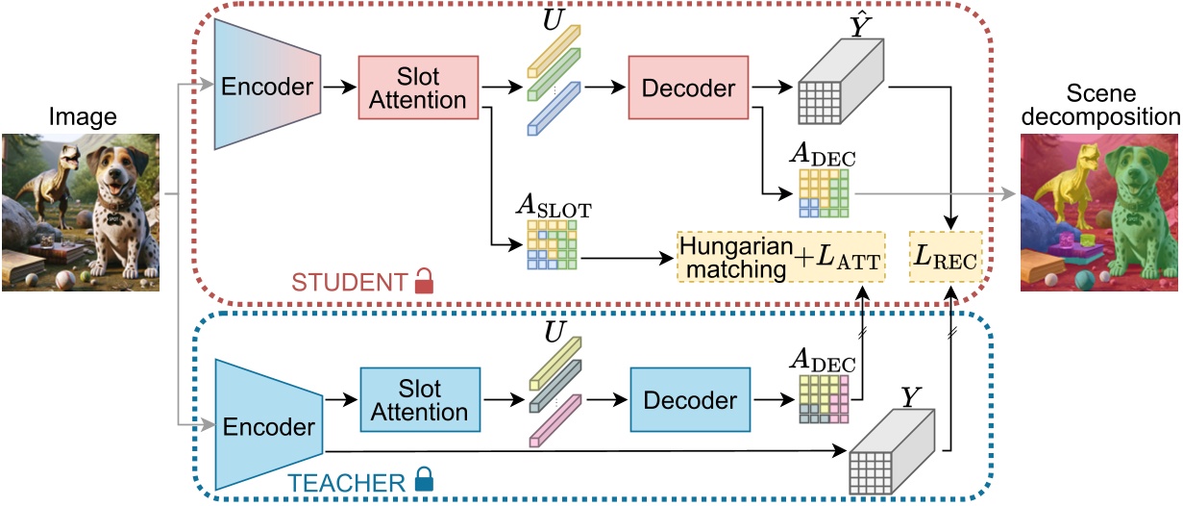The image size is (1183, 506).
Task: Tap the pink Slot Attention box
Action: pos(417,88)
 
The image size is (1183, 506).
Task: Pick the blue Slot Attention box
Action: pos(419,400)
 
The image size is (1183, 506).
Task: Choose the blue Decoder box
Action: pos(689,400)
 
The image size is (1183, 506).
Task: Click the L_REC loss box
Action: pos(947,257)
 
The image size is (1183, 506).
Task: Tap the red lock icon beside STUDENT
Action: pos(424,282)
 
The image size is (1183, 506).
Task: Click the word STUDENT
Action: pos(349,283)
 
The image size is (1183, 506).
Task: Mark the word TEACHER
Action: pos(349,482)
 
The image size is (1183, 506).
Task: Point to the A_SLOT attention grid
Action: pos(551,244)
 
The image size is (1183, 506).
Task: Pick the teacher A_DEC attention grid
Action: pos(824,399)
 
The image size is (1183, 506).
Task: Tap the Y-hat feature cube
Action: pos(839,90)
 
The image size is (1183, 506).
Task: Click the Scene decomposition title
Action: pos(1099,106)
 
